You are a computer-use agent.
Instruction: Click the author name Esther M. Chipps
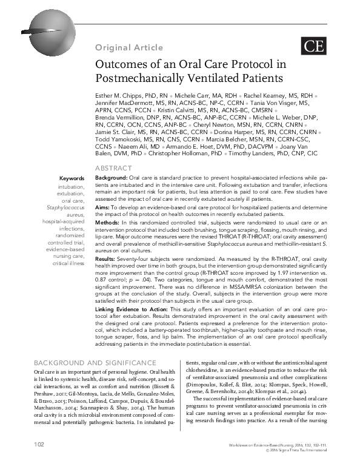pyautogui.click(x=120, y=96)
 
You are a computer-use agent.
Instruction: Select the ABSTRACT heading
pyautogui.click(x=114, y=167)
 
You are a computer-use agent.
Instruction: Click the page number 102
pyautogui.click(x=39, y=462)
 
